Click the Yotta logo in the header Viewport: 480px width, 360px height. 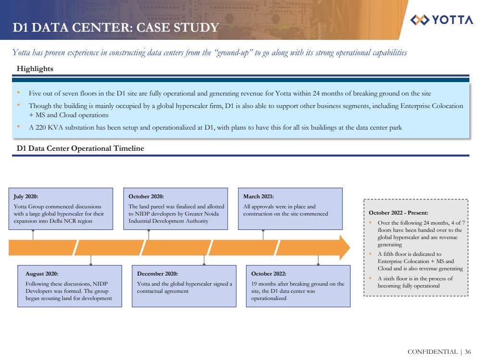pos(442,20)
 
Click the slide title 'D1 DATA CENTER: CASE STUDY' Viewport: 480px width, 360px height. pos(116,28)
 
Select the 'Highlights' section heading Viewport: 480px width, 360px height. pos(35,69)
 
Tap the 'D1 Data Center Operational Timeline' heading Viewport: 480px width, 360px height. pos(80,149)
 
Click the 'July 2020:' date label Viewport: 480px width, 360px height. pos(26,196)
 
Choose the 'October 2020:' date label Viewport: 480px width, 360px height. pos(146,196)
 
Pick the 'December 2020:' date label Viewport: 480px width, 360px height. pos(157,274)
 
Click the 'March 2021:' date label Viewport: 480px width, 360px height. pos(258,196)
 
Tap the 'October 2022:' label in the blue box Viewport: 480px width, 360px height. pos(269,274)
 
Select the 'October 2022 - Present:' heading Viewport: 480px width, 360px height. pos(398,212)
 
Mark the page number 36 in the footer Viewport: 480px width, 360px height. pos(468,352)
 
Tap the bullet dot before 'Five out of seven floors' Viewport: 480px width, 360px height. pos(18,93)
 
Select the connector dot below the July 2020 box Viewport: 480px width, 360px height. pos(33,231)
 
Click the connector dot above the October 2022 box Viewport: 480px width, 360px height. pos(318,264)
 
